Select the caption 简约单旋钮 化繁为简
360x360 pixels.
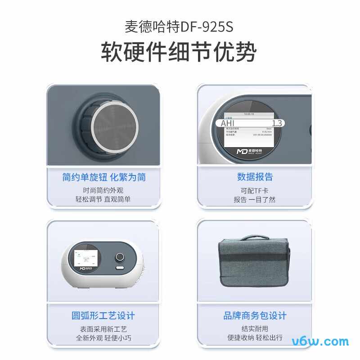tap(104, 177)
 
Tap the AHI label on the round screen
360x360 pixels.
tap(229, 123)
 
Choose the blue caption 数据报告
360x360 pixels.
tap(255, 177)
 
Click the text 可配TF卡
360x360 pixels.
tap(255, 190)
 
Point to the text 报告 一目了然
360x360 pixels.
tap(255, 199)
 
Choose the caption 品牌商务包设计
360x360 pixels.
tap(255, 316)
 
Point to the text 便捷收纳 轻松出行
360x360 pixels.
tap(255, 337)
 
